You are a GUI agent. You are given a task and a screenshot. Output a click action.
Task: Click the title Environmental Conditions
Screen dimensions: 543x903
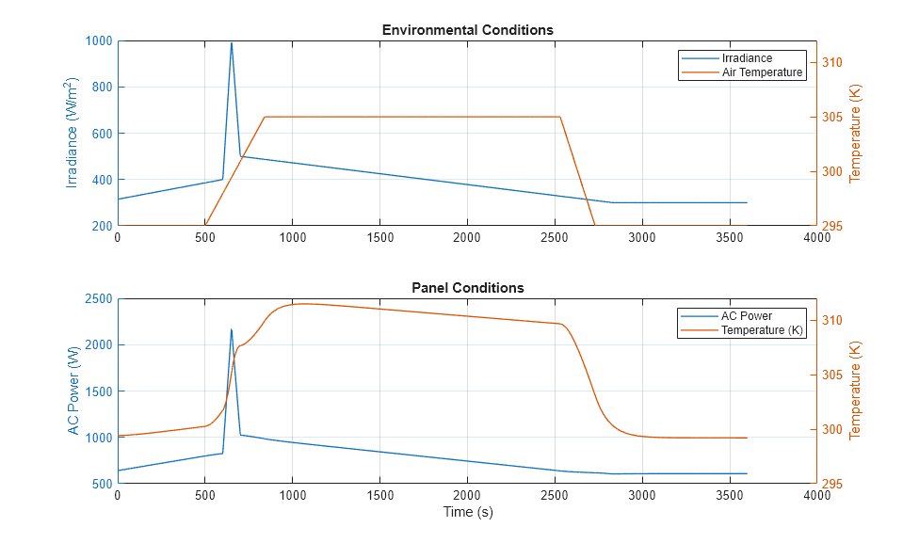coord(467,30)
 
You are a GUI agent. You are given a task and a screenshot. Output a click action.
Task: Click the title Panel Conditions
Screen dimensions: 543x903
coord(467,288)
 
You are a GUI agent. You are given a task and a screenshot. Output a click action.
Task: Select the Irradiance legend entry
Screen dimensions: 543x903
coord(747,58)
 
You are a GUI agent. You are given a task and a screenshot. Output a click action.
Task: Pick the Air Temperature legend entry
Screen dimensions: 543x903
coord(762,72)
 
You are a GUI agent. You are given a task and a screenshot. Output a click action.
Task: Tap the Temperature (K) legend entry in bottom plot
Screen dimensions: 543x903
coord(763,330)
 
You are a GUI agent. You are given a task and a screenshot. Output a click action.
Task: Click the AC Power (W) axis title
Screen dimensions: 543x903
coord(73,391)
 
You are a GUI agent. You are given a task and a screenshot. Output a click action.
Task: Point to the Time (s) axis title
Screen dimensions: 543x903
coord(467,513)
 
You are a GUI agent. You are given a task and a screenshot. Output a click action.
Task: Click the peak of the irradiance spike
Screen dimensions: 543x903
coord(231,42)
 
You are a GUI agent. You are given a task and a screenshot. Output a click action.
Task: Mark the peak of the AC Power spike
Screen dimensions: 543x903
coord(231,329)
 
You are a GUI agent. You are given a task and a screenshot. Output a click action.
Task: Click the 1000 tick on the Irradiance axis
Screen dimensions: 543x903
coord(97,41)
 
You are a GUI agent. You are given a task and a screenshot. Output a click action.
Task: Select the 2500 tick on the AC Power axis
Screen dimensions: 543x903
coord(97,299)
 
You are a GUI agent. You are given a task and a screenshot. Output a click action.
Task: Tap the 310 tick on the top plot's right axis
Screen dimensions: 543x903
coord(833,63)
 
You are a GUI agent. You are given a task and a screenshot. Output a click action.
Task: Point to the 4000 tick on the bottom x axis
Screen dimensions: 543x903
coord(816,496)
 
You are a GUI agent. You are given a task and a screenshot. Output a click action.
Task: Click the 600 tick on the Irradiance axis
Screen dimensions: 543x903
coord(100,134)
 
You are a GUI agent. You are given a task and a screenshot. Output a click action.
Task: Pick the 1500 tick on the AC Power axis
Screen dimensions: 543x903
coord(97,391)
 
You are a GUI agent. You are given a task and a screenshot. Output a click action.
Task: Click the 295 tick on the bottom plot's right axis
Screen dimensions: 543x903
coord(833,484)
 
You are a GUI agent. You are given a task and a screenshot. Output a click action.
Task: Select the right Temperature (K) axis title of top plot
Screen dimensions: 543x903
coord(855,134)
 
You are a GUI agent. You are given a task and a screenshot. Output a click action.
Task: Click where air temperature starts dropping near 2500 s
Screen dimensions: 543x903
coord(560,117)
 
